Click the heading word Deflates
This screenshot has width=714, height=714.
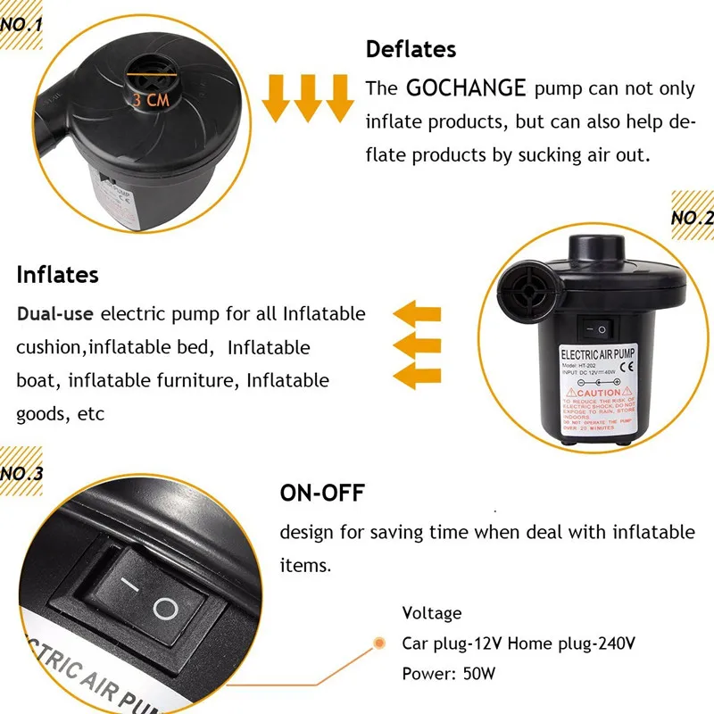point(411,50)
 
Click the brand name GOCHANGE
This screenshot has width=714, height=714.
point(467,88)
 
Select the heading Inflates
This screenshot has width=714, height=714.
point(57,274)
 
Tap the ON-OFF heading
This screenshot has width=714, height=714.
point(323,494)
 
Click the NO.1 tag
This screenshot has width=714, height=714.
point(22,24)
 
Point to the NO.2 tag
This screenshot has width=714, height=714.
point(692,217)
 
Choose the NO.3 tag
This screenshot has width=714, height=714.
point(22,474)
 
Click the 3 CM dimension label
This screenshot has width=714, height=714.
point(151,100)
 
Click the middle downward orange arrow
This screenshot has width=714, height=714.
point(309,97)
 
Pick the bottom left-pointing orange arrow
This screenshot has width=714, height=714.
point(418,372)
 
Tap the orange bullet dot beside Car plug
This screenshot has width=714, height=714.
point(378,643)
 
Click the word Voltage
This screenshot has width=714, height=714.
point(432,613)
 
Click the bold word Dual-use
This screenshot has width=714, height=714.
point(55,314)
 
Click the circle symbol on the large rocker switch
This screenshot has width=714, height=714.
point(166,610)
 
